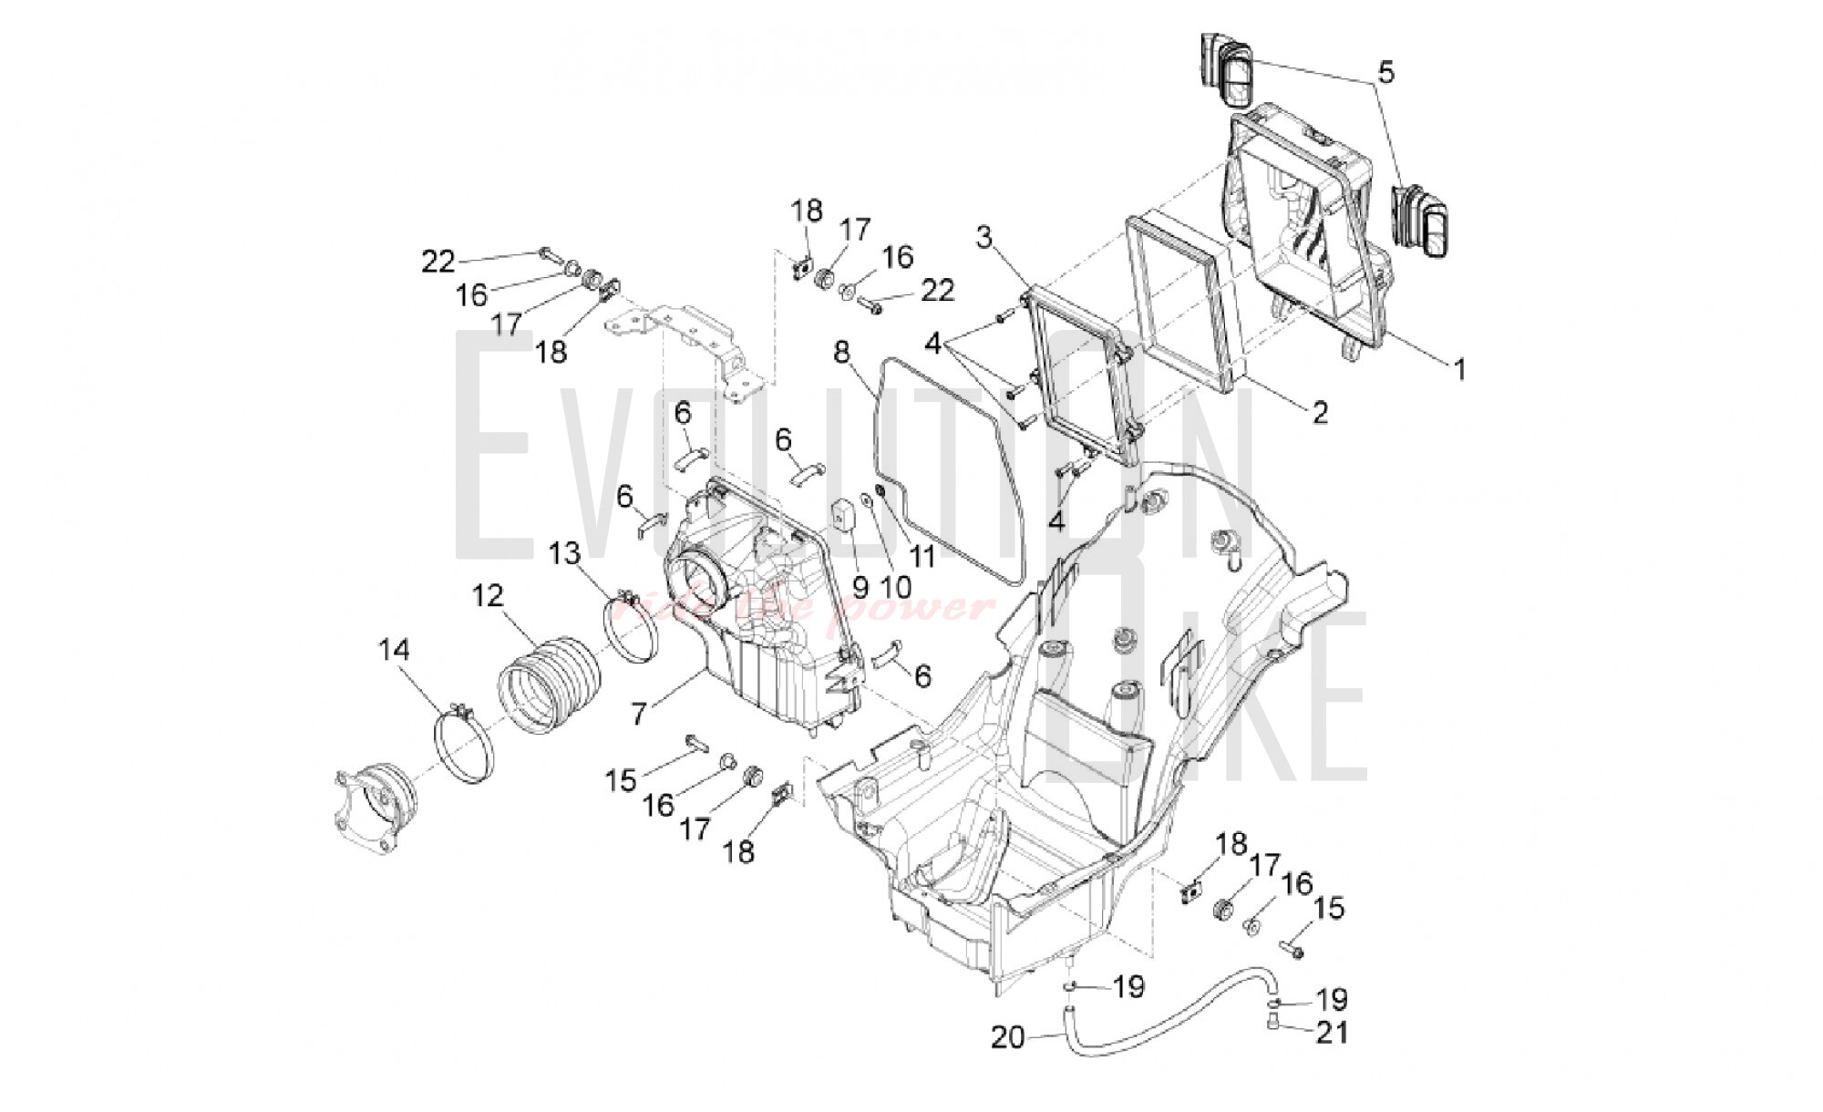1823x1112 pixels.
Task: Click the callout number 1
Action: [1459, 370]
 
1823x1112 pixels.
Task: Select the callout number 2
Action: [1319, 412]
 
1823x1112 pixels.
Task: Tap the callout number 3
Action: [984, 238]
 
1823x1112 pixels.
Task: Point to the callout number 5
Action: [1385, 72]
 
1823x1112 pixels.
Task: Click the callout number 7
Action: [639, 713]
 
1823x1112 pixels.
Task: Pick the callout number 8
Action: [841, 351]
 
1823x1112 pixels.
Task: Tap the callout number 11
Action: [923, 556]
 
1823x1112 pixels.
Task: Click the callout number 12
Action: [488, 596]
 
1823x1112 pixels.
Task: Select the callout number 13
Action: [564, 552]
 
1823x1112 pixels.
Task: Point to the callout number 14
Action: [395, 650]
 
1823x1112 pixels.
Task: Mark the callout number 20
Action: [1007, 1037]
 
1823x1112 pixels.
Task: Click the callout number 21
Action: [1331, 1033]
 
